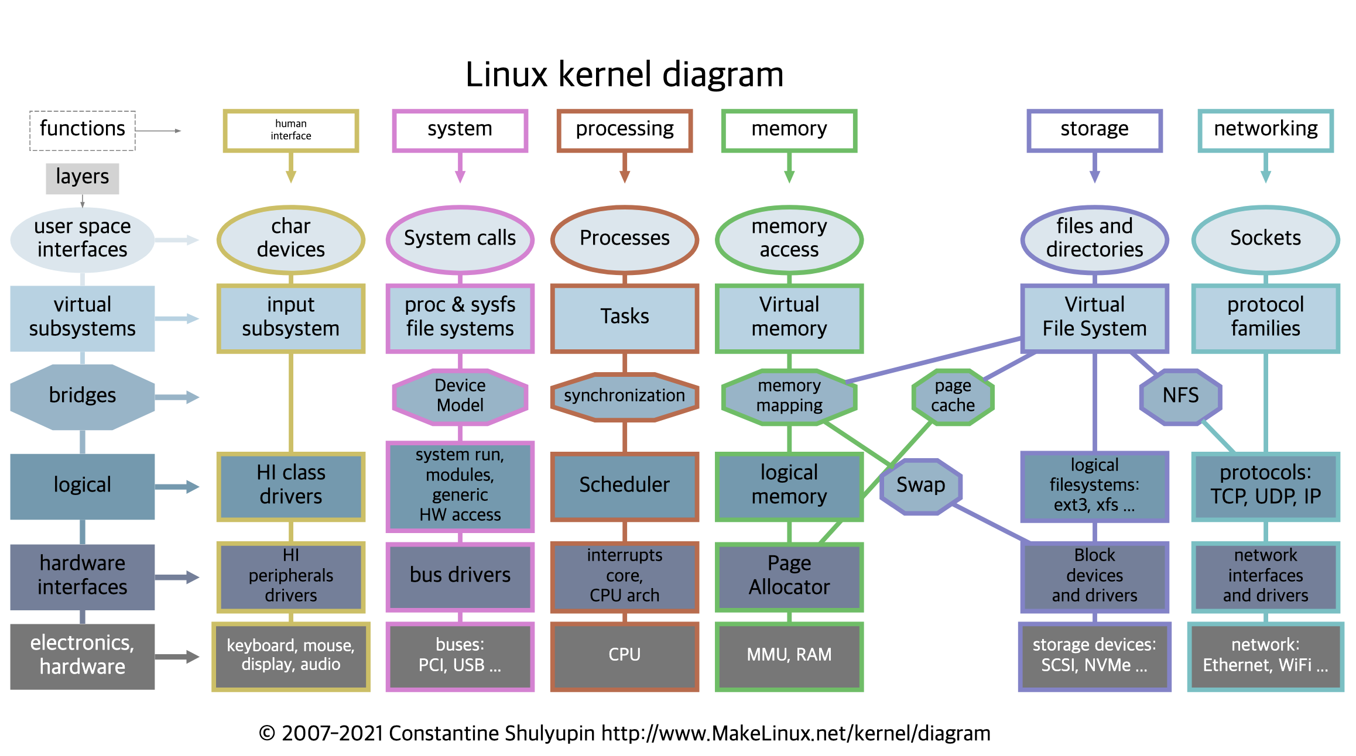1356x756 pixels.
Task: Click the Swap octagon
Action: (x=921, y=486)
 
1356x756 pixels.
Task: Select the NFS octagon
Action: (x=1180, y=396)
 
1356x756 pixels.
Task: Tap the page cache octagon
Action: (x=953, y=396)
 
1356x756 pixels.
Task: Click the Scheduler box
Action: (x=625, y=486)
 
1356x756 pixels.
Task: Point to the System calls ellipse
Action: (x=460, y=239)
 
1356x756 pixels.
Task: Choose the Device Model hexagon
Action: (x=460, y=396)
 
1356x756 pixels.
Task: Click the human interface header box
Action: (x=291, y=130)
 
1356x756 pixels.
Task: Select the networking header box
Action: (x=1265, y=130)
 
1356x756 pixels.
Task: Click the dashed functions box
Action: (x=83, y=130)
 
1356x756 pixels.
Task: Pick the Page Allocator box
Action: (x=789, y=576)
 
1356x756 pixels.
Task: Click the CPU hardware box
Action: (x=625, y=655)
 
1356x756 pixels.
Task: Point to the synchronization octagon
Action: (x=625, y=396)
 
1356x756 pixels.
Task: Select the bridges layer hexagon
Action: (x=83, y=396)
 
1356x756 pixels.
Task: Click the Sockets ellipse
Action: (x=1265, y=239)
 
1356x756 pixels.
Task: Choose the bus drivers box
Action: (x=460, y=576)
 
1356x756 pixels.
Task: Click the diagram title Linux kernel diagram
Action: (x=625, y=75)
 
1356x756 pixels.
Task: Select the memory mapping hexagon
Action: (x=789, y=396)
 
